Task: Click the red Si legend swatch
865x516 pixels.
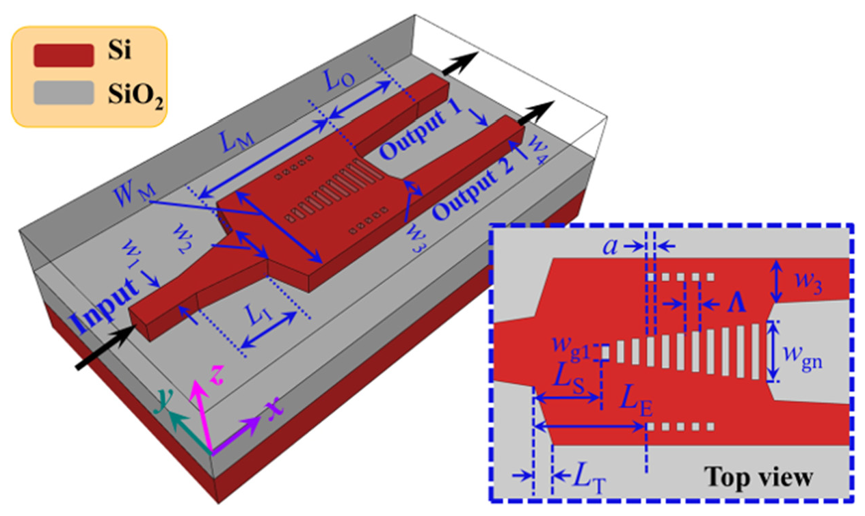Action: (x=62, y=55)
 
